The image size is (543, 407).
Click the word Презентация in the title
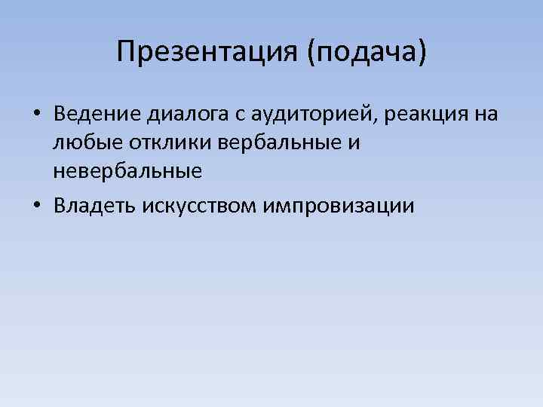[x=207, y=53]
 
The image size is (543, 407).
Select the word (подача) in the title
[x=367, y=53]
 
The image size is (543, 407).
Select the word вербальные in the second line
[x=267, y=142]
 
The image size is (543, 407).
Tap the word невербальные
[x=127, y=171]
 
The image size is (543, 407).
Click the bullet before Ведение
[x=36, y=115]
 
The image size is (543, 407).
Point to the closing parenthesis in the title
[x=422, y=53]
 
